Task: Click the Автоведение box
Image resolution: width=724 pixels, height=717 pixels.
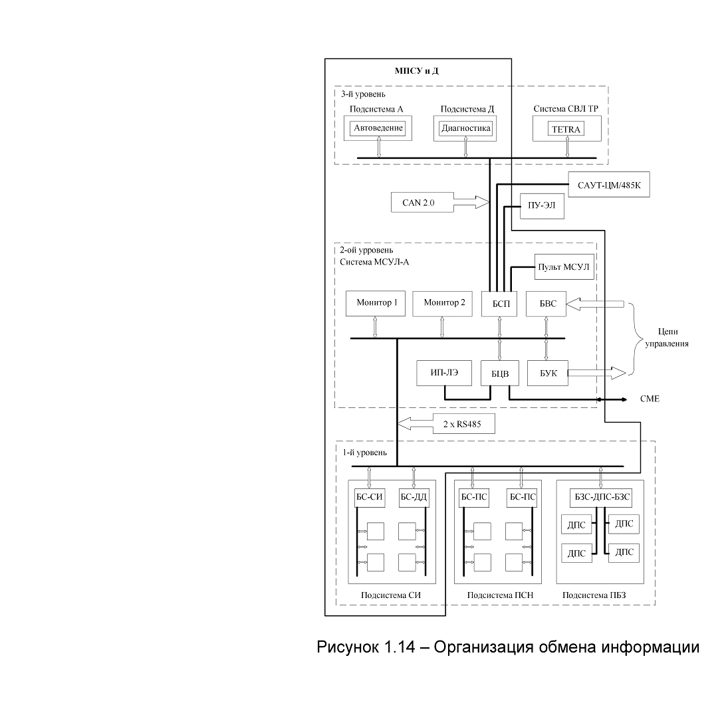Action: click(x=378, y=128)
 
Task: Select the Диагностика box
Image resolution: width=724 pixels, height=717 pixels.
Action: click(x=465, y=128)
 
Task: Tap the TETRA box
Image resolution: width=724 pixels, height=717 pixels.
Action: click(x=566, y=129)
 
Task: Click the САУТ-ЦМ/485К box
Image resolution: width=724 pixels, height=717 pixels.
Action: click(x=609, y=185)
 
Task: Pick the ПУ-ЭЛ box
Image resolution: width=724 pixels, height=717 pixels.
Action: click(x=542, y=206)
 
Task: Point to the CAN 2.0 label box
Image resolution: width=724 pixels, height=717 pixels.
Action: click(x=422, y=202)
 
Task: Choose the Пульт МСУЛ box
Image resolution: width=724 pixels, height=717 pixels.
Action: click(x=564, y=266)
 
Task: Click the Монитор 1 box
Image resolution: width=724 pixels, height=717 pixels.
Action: click(x=376, y=303)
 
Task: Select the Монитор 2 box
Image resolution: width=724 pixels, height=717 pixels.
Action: click(x=442, y=303)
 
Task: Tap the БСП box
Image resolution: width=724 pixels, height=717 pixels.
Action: click(x=499, y=304)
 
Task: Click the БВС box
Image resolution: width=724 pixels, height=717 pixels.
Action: click(x=546, y=304)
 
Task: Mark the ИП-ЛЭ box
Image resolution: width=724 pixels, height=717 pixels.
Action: click(x=444, y=373)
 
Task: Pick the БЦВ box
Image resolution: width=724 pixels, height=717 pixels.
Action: click(x=500, y=373)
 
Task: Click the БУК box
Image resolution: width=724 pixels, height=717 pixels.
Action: click(x=548, y=373)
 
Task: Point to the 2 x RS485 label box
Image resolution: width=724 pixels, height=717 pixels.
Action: click(x=463, y=423)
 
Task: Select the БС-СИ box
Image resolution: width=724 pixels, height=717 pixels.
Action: click(x=370, y=497)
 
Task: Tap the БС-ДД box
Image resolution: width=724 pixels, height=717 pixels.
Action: click(x=414, y=497)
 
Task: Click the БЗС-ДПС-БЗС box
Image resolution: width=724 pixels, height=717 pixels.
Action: click(x=601, y=497)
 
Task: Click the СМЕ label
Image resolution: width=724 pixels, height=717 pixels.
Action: click(x=650, y=399)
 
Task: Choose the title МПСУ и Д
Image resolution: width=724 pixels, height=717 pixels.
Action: click(x=416, y=70)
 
